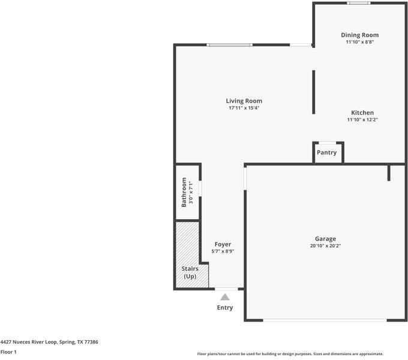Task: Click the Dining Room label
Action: click(x=360, y=35)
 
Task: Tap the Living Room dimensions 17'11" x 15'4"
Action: click(x=244, y=108)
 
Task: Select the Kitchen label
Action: click(x=362, y=113)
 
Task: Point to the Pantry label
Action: click(x=326, y=152)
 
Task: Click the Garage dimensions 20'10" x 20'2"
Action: click(x=325, y=246)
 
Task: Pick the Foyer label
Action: click(x=223, y=245)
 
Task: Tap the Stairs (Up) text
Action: click(x=190, y=272)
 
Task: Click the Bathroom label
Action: click(x=184, y=192)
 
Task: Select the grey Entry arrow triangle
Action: click(x=225, y=297)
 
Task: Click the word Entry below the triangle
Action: click(x=225, y=308)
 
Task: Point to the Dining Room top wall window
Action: click(x=359, y=3)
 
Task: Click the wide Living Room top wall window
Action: click(x=229, y=45)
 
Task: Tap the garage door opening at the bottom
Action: click(x=325, y=320)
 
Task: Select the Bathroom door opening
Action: click(x=200, y=188)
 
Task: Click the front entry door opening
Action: click(x=226, y=289)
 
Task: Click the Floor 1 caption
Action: click(x=8, y=352)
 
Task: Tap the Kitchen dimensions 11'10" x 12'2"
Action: click(x=362, y=119)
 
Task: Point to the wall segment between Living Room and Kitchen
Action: click(x=314, y=92)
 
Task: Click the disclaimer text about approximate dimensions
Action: click(x=290, y=354)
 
